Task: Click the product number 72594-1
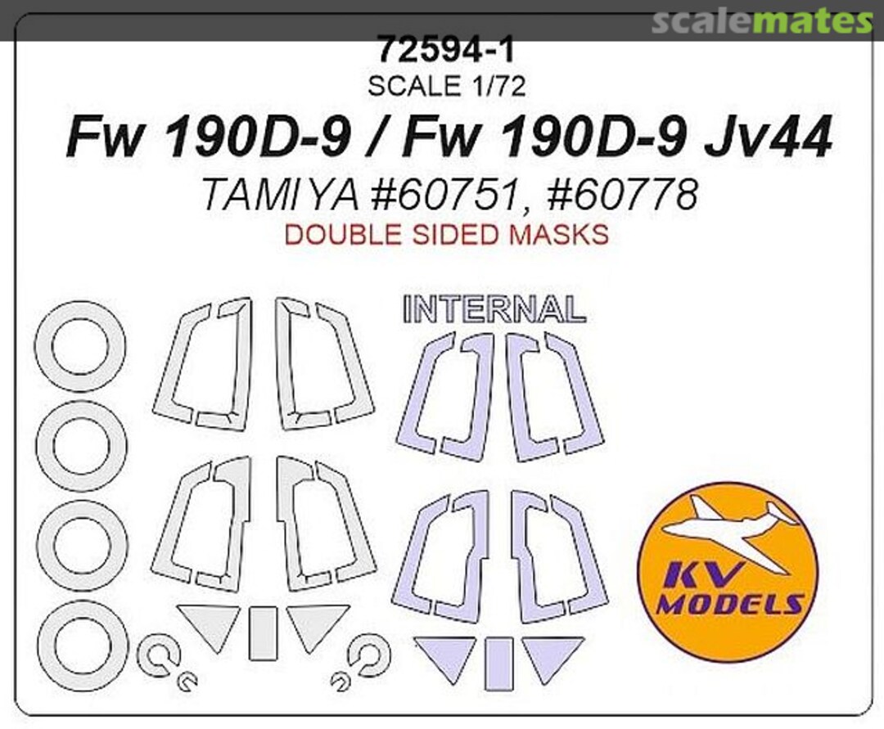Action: (x=445, y=52)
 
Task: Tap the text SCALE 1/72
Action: (x=445, y=84)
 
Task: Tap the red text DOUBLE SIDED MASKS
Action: (x=445, y=236)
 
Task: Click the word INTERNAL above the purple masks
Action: (x=494, y=308)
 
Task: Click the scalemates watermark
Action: (x=761, y=22)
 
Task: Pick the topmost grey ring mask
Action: (x=80, y=346)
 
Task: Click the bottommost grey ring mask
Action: (x=82, y=646)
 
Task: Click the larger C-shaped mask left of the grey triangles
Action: (x=158, y=655)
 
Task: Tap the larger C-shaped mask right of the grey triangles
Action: (x=369, y=655)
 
